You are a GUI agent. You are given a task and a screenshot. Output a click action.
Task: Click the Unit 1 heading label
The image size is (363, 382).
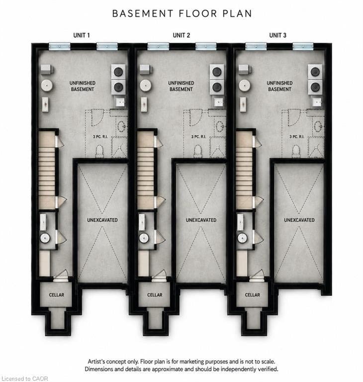pos(82,35)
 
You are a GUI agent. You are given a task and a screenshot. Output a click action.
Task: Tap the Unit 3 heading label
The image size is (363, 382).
pos(278,35)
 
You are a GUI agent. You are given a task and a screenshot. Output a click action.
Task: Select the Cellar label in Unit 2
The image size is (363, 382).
pos(155,295)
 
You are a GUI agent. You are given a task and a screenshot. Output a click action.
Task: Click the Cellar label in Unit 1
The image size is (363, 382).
pos(57,295)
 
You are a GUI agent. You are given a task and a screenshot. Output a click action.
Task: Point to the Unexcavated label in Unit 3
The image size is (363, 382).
pos(299,220)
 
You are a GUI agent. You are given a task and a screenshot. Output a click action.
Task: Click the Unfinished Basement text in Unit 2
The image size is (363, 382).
pos(181,86)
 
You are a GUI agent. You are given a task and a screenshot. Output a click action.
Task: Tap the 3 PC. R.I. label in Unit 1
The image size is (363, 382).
pos(100,137)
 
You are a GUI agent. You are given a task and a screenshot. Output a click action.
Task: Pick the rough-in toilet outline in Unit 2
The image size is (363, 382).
pos(198,151)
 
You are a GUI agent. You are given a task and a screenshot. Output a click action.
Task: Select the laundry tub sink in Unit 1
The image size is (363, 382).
pos(120,102)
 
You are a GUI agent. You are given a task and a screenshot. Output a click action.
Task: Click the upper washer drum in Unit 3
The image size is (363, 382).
pos(315,72)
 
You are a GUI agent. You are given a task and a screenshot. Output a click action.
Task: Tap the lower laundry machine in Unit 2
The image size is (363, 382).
pos(217,87)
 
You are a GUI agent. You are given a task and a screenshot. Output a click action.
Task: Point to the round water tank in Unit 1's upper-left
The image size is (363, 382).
pos(47,86)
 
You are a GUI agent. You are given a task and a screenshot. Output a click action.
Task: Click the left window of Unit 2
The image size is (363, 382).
pos(158,46)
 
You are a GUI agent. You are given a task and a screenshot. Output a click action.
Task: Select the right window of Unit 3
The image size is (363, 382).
pos(303,46)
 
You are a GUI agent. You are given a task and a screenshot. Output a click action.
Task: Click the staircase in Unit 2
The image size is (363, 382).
pos(146,170)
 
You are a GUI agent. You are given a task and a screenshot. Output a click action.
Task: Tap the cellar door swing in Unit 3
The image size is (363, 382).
pos(257,275)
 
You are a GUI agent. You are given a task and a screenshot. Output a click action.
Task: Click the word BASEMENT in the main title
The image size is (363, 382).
pos(143,13)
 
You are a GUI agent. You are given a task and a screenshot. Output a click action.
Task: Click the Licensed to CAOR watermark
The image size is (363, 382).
pos(25,379)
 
